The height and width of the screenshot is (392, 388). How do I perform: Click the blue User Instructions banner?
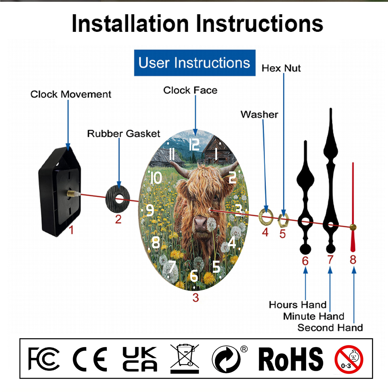tap(195, 63)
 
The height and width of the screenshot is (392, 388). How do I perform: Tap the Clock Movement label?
tap(71, 94)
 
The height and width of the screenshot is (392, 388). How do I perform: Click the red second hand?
tap(353, 207)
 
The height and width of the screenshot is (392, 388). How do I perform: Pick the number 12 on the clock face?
tap(194, 144)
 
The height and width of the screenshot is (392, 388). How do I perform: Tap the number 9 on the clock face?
tap(150, 210)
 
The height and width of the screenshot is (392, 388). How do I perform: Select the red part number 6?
tap(305, 261)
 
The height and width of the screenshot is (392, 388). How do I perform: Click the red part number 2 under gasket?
tap(118, 219)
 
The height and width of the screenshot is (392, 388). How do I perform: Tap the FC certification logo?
tap(44, 359)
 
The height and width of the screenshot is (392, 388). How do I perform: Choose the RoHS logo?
tap(291, 359)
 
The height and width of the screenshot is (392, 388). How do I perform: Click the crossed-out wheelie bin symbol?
tap(184, 359)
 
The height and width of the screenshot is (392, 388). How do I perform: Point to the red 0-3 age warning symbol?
tap(349, 359)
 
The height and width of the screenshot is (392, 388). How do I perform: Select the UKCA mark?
tap(140, 359)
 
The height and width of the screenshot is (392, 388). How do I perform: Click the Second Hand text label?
tap(330, 328)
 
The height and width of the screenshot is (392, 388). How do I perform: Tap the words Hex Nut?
tap(281, 68)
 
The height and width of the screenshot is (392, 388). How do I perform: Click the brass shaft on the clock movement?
tap(73, 193)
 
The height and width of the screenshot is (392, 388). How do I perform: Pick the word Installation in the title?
tap(130, 24)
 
